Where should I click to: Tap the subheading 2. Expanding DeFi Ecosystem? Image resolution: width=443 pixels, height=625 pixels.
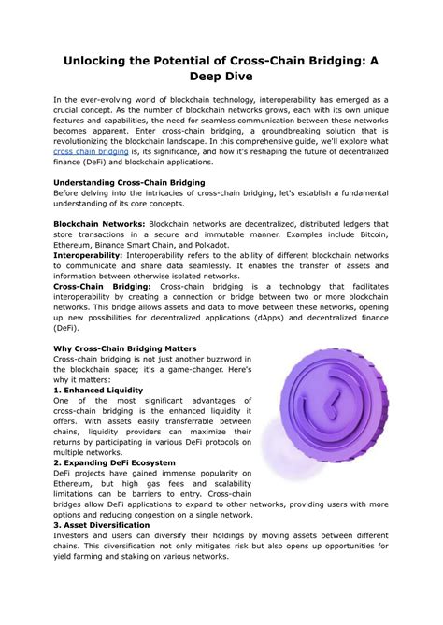[x=114, y=462]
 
